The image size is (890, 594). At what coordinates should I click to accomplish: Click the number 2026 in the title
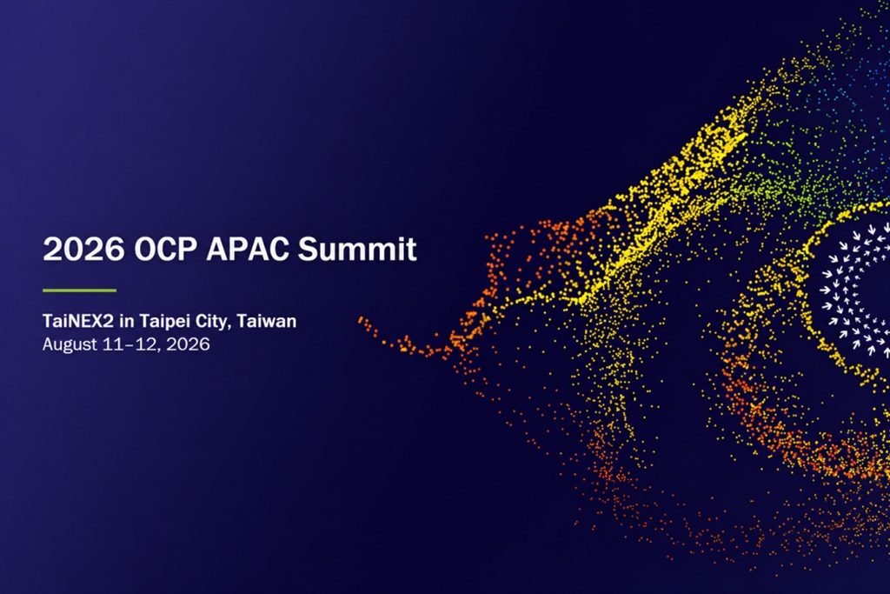[x=83, y=249]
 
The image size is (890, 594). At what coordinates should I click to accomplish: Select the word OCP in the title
[x=166, y=249]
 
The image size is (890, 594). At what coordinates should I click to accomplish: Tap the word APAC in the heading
[x=248, y=249]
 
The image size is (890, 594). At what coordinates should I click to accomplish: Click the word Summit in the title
[x=357, y=249]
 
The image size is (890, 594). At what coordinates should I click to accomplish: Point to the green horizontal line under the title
[x=79, y=290]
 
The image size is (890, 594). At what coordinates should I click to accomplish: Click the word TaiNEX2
[x=78, y=321]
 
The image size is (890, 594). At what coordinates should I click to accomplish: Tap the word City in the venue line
[x=211, y=322]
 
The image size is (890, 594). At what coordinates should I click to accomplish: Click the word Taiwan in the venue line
[x=266, y=321]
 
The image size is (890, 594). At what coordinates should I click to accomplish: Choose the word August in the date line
[x=70, y=344]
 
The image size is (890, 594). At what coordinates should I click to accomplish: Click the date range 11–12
[x=131, y=344]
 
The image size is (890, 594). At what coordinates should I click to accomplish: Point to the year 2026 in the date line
[x=188, y=344]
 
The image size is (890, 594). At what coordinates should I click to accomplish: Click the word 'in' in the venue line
[x=127, y=321]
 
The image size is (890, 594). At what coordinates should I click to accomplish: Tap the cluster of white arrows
[x=856, y=290]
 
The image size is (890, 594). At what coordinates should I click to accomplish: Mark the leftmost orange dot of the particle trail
[x=361, y=321]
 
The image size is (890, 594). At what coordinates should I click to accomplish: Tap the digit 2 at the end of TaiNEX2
[x=109, y=321]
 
